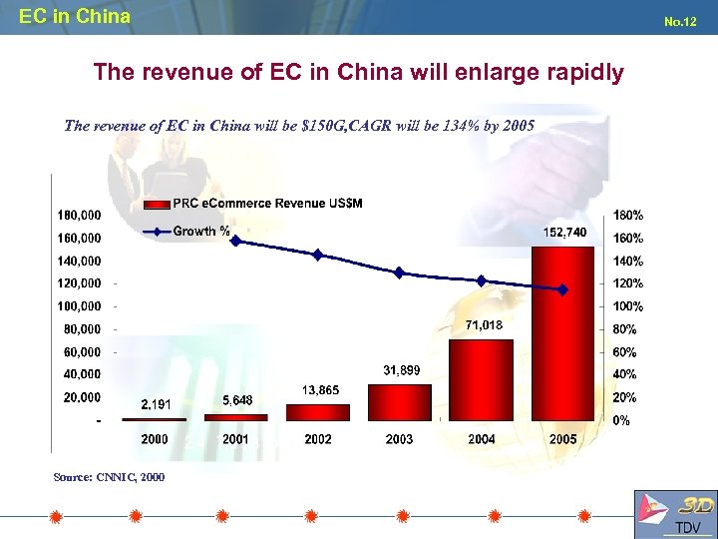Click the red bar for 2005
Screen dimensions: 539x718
(563, 334)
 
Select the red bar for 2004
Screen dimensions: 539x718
(482, 379)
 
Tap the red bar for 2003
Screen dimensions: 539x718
(400, 402)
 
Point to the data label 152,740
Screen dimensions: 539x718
(564, 232)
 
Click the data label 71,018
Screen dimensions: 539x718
(483, 324)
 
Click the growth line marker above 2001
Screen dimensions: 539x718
(235, 241)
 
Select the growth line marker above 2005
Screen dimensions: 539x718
(563, 289)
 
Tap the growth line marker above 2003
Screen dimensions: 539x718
(400, 272)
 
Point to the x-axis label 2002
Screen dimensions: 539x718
(317, 439)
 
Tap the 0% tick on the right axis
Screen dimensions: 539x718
(620, 420)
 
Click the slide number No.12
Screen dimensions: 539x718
(680, 20)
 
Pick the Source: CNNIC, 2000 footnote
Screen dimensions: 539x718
(109, 477)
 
